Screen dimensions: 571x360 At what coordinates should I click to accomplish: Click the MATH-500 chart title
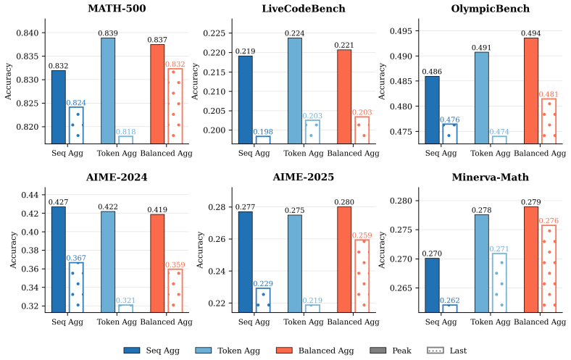point(117,9)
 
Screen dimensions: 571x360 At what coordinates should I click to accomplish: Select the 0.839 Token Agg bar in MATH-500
point(108,91)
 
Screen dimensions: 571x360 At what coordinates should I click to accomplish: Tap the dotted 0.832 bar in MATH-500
point(175,106)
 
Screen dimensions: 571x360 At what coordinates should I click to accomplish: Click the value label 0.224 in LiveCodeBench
point(295,33)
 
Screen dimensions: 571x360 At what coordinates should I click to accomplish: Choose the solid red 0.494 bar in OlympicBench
point(531,91)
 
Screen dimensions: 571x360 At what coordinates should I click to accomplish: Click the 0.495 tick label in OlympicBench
point(401,31)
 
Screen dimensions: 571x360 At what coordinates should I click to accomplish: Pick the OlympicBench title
point(490,9)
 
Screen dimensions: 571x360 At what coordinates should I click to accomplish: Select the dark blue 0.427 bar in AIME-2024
point(59,259)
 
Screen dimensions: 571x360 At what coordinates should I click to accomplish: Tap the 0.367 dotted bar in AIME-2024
point(76,287)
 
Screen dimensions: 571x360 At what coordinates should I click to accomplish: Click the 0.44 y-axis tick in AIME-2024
point(30,195)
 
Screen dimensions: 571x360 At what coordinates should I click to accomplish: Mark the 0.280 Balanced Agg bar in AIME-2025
point(344,259)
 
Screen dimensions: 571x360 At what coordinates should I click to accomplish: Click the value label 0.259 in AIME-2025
point(362,235)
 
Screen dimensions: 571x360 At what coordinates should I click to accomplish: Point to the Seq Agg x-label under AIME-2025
point(254,322)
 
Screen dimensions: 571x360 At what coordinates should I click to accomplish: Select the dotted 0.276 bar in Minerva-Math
point(549,269)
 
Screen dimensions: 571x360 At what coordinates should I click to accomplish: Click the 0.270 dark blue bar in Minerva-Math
point(433,285)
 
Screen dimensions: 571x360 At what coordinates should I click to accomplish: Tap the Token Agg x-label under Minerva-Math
point(490,322)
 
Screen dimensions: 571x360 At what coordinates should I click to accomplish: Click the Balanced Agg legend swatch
point(284,350)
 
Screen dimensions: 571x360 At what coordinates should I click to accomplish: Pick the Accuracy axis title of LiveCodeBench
point(195,81)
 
